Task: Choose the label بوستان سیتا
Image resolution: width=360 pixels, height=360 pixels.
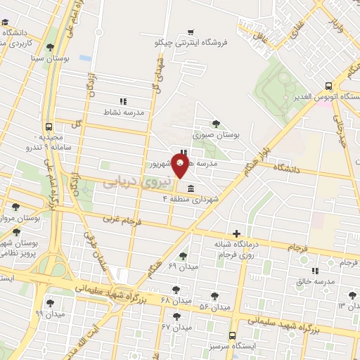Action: pos(47,58)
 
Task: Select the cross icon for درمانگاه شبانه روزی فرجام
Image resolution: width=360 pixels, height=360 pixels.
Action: pos(236,233)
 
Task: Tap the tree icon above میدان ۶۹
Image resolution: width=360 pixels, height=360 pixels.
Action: pos(184,256)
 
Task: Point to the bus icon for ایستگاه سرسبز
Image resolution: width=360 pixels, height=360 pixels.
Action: pos(233,335)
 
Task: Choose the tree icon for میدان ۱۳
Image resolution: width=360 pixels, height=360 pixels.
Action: pos(351,295)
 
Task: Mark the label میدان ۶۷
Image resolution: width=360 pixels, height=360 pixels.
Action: pos(176,327)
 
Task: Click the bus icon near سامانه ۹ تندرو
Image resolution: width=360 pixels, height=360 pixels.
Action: pos(48,127)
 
